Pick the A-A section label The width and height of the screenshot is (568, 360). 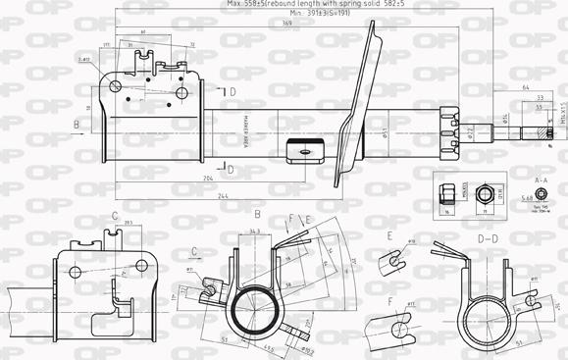541,180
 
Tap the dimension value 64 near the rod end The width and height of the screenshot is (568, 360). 525,88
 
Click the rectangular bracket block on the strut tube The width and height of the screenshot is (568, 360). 304,152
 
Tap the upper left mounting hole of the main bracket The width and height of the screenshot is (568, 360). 116,86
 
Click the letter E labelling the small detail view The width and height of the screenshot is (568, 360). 388,236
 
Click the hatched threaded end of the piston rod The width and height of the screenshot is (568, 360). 539,131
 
